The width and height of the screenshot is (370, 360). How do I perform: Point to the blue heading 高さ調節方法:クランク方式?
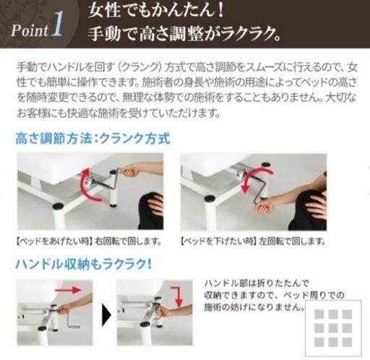pyautogui.click(x=92, y=139)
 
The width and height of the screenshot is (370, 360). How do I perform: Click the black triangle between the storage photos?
pyautogui.click(x=106, y=313)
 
